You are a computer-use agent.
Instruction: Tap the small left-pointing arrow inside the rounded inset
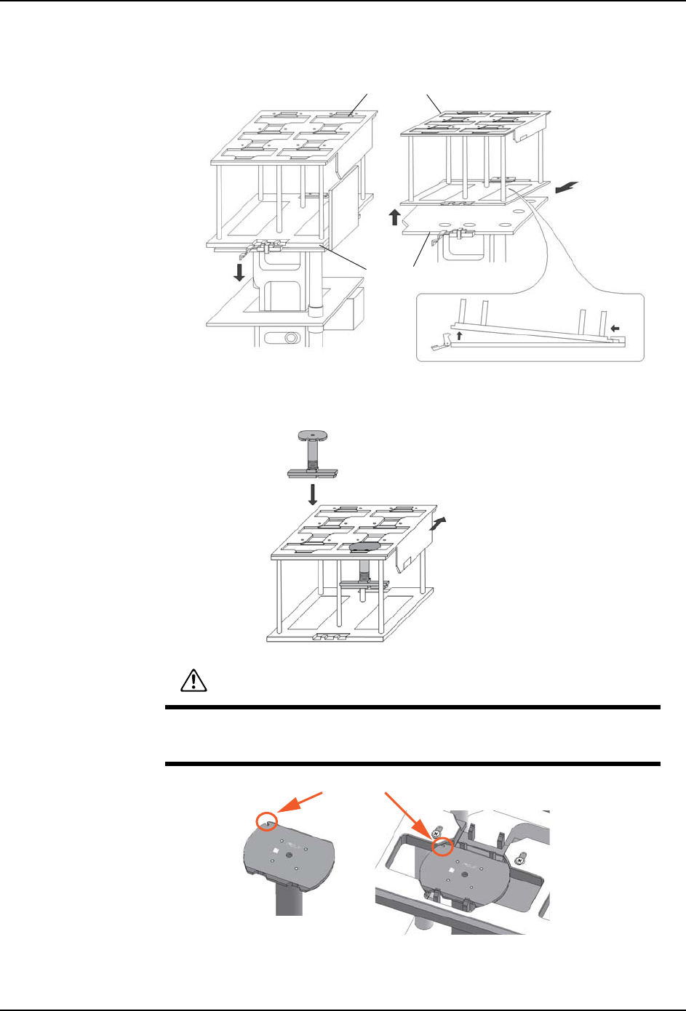pyautogui.click(x=616, y=329)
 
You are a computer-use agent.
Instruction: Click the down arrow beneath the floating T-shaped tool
pyautogui.click(x=313, y=494)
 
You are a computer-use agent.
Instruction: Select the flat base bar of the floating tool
pyautogui.click(x=313, y=473)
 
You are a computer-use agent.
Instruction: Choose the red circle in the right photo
pyautogui.click(x=442, y=847)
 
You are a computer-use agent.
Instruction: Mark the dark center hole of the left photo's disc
pyautogui.click(x=290, y=856)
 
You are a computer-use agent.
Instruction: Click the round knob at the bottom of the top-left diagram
pyautogui.click(x=291, y=338)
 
